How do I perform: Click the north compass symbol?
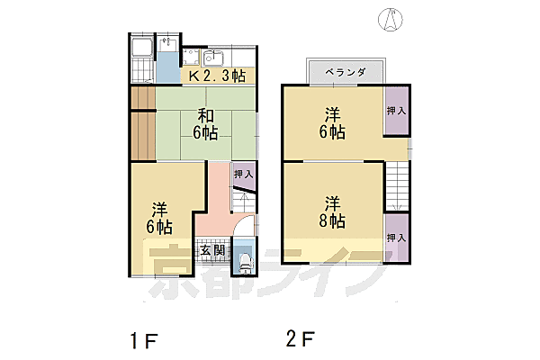(391, 19)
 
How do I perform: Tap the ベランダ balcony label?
(346, 72)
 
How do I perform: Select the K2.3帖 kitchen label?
(217, 76)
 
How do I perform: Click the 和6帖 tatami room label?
(205, 124)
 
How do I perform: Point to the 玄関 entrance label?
(212, 250)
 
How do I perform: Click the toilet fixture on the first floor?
(245, 264)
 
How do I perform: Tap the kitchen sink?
(212, 58)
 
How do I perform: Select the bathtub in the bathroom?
(142, 48)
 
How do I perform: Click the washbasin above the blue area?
(168, 44)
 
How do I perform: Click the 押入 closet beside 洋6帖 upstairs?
(396, 111)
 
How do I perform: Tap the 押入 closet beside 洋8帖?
(396, 238)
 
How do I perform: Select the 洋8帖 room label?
(332, 212)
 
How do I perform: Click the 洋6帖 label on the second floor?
(332, 123)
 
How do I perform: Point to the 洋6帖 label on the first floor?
(159, 219)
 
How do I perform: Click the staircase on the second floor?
(397, 186)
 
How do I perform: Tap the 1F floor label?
(144, 341)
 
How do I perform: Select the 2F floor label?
(301, 338)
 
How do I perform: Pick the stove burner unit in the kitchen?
(191, 58)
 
